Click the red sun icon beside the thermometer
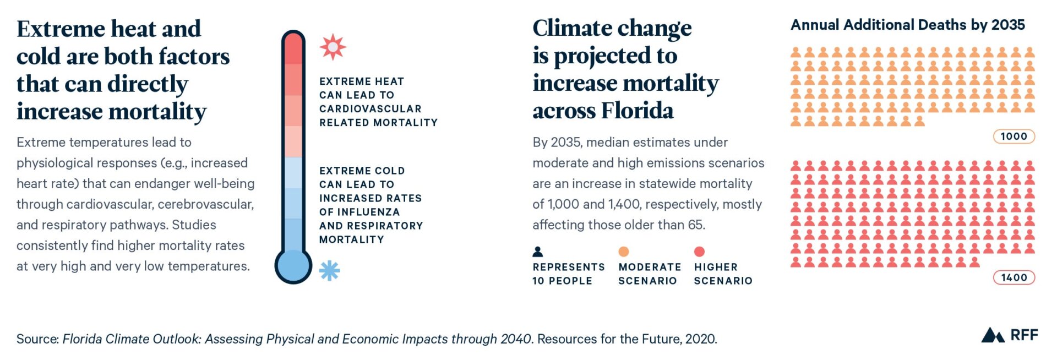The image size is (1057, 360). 333,47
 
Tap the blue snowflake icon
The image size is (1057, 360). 329,270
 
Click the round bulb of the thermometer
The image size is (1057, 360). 293,266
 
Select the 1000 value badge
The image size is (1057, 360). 1014,137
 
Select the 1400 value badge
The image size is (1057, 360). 1014,278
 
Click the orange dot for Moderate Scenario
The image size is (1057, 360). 623,252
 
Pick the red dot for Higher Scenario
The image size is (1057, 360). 699,252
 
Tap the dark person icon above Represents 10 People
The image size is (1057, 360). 538,252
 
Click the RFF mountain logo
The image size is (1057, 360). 993,335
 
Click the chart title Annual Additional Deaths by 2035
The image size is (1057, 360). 907,25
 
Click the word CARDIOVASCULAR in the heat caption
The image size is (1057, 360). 370,109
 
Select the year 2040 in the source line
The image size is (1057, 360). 515,339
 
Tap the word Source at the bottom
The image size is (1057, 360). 36,339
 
